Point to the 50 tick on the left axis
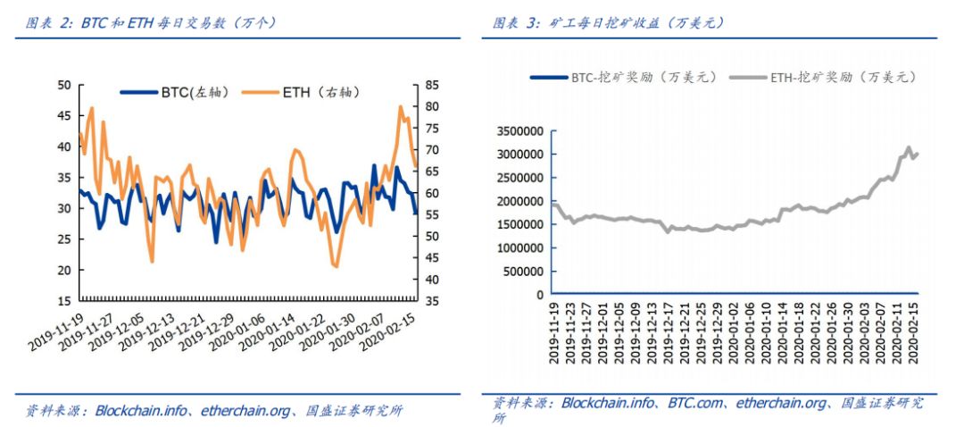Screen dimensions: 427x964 (x=63, y=85)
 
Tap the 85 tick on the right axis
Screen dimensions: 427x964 (x=431, y=85)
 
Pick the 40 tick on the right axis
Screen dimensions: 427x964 (x=431, y=280)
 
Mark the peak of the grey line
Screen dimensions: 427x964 (x=909, y=147)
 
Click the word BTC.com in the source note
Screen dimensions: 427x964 (x=696, y=404)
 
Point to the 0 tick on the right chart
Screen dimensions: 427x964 (x=541, y=294)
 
